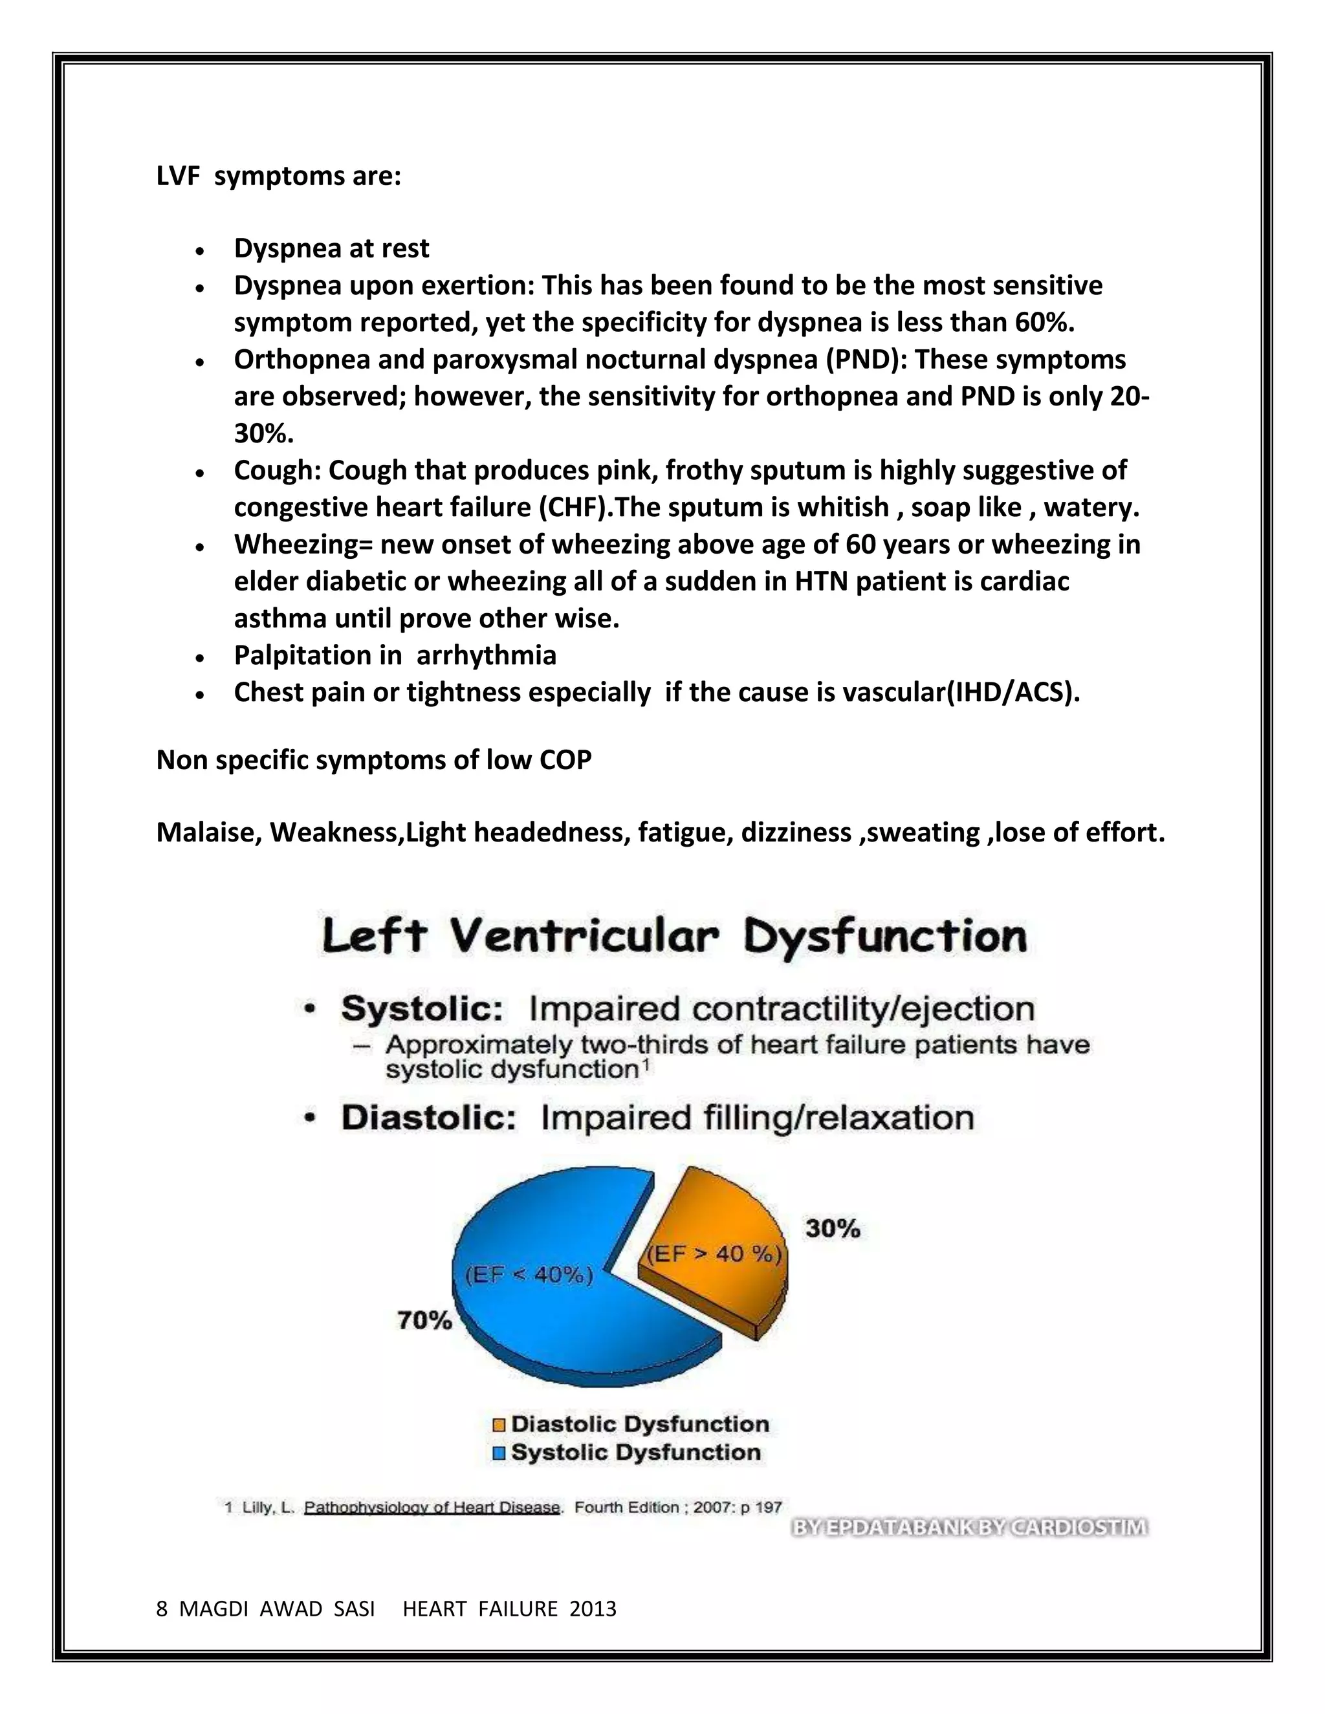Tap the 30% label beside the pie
pos(832,1228)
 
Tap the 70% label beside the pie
pos(424,1321)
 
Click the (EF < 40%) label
pos(530,1275)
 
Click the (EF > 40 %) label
pos(713,1254)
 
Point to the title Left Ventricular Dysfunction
pos(674,937)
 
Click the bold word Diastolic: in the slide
pos(428,1118)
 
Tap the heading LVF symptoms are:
pos(279,177)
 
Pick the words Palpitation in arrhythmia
pos(395,655)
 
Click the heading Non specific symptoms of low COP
pos(374,760)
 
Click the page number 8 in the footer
pos(162,1610)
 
